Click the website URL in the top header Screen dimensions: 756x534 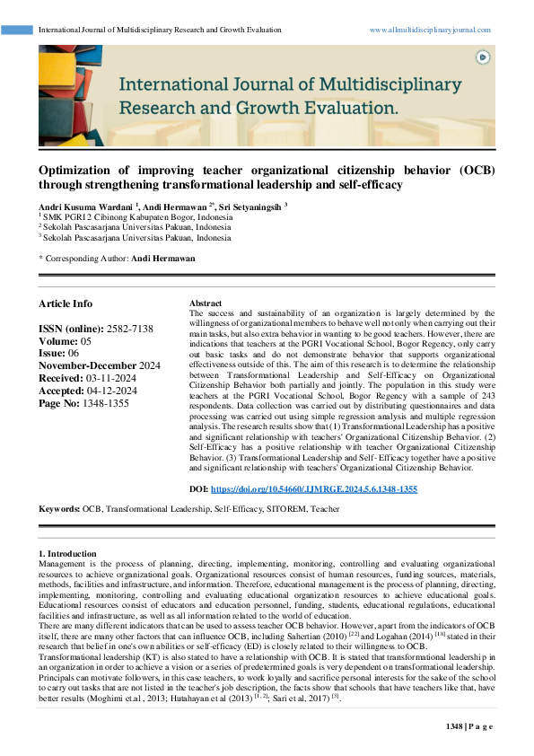pos(430,30)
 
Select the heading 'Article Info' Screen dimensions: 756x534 pos(65,303)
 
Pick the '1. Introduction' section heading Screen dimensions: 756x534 pos(68,553)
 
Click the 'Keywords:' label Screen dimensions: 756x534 pos(59,509)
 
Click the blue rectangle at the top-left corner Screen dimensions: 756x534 pos(17,30)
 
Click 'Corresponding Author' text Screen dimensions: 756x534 pos(85,259)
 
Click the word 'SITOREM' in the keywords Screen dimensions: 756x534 pos(279,509)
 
